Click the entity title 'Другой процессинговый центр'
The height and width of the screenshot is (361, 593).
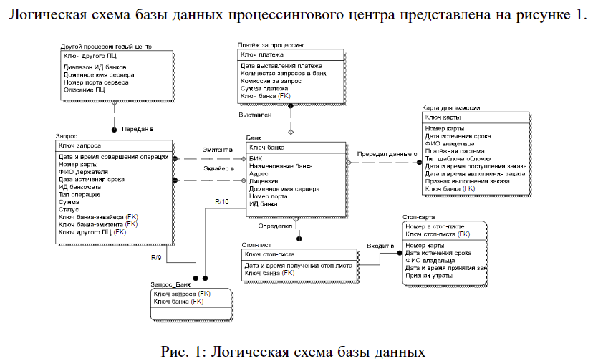[106, 46]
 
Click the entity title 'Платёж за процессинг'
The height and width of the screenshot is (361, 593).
[272, 44]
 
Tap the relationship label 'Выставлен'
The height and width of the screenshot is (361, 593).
[255, 115]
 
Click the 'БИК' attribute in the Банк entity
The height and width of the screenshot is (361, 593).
[256, 158]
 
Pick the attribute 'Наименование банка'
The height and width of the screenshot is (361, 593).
[281, 166]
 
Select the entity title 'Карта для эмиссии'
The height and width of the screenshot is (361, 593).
[452, 107]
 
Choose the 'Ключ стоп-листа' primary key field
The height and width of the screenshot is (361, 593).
[270, 254]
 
